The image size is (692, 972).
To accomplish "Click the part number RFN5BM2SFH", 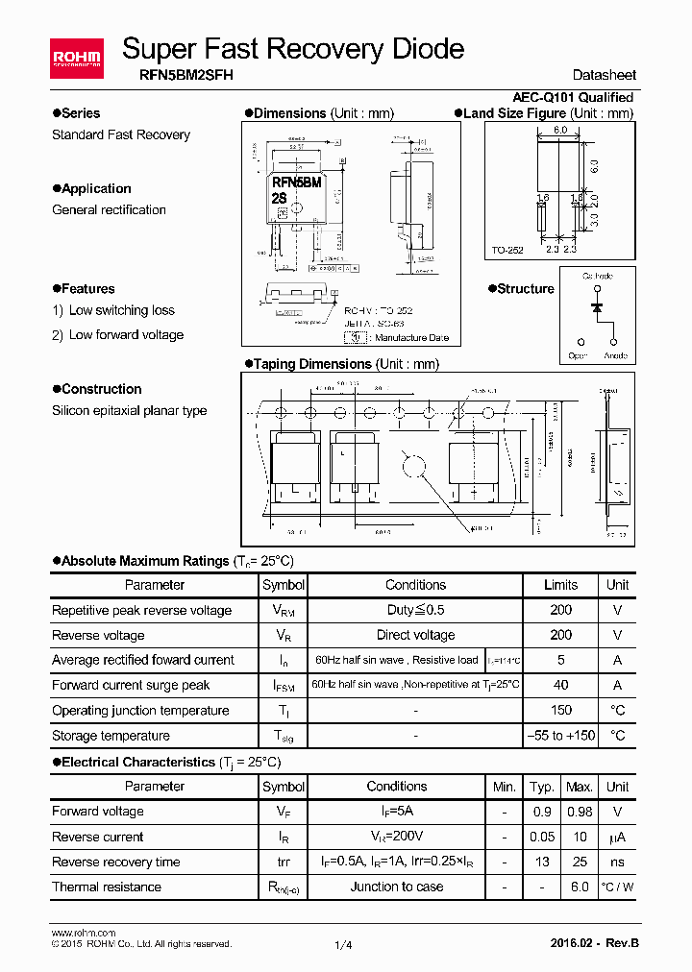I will click(x=177, y=74).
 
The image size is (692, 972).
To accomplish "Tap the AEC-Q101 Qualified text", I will click(x=573, y=97).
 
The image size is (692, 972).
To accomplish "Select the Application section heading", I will click(x=96, y=189).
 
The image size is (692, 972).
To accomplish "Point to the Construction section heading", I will click(x=101, y=389).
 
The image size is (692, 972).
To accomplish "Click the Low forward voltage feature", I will click(x=126, y=335).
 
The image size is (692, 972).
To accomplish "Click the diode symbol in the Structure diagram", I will click(x=596, y=307).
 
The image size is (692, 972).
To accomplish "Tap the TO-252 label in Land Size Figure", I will click(x=507, y=251).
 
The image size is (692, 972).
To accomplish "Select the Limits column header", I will click(x=560, y=585).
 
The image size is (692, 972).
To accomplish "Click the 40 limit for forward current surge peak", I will click(x=560, y=686).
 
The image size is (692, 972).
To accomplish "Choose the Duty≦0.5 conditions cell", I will click(x=415, y=610).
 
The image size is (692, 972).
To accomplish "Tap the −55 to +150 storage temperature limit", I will click(x=560, y=736).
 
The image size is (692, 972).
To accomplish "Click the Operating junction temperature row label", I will click(x=140, y=711).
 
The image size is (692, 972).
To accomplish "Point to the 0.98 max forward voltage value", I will click(x=579, y=812).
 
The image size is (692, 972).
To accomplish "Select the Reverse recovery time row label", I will click(x=115, y=862).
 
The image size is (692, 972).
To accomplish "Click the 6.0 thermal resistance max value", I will click(x=579, y=887).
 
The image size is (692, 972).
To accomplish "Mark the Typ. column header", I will click(x=542, y=787).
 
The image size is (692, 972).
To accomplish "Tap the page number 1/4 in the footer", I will click(x=343, y=945).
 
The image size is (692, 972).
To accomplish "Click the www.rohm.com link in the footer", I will click(x=83, y=933).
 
